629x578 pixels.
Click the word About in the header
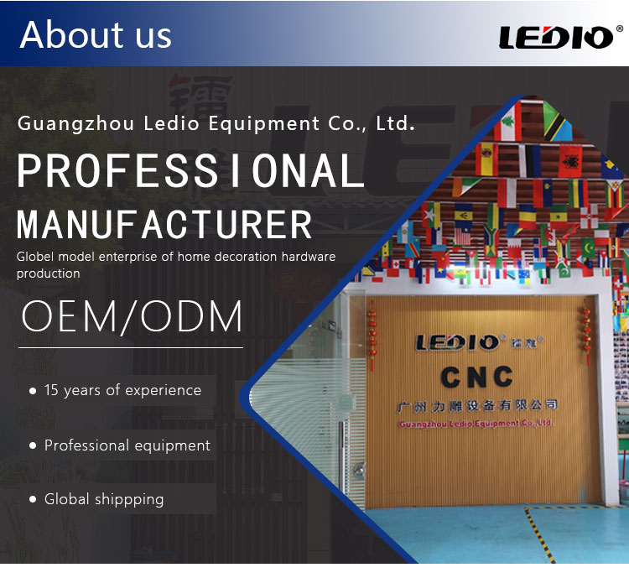click(71, 34)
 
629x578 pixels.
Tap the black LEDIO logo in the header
click(555, 37)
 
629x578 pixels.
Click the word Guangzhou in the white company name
click(75, 123)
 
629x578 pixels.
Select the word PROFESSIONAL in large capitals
click(190, 171)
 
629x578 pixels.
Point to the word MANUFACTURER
click(164, 224)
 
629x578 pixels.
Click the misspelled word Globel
click(35, 257)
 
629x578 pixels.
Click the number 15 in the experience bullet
click(51, 390)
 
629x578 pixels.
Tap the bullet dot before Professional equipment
click(33, 445)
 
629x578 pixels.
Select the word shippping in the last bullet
click(129, 500)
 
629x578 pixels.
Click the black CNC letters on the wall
click(476, 378)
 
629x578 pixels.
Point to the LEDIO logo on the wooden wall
click(458, 343)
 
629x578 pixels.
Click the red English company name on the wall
click(476, 424)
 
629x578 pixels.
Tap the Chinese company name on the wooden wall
click(477, 406)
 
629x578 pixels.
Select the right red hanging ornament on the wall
click(586, 332)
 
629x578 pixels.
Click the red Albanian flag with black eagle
click(570, 161)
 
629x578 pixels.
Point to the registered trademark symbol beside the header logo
click(620, 29)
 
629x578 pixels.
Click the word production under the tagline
click(48, 273)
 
